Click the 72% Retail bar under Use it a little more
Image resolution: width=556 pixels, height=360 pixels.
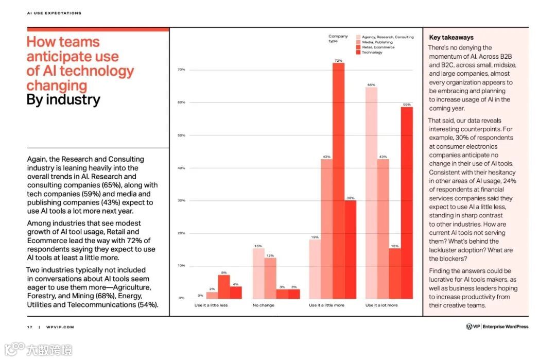(x=338, y=180)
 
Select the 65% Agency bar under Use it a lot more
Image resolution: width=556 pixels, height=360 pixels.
(x=371, y=193)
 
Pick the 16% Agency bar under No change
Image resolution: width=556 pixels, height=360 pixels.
(x=258, y=273)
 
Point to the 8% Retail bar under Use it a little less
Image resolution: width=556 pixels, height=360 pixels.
(x=224, y=286)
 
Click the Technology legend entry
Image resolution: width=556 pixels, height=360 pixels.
(x=372, y=53)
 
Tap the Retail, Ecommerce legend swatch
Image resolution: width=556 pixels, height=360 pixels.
(x=358, y=47)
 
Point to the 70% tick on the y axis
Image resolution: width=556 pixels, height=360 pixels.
(x=181, y=70)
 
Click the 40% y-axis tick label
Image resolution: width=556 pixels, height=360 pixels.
(x=181, y=168)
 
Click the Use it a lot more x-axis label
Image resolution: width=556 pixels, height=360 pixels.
(x=381, y=305)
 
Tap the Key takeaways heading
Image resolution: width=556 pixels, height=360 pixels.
(x=451, y=38)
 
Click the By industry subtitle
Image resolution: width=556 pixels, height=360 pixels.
(x=63, y=99)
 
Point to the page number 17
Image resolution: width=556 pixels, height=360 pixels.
(x=29, y=327)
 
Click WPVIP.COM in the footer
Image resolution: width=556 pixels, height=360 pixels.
(x=60, y=327)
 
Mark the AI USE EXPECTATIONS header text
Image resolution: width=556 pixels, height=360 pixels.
(x=54, y=13)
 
